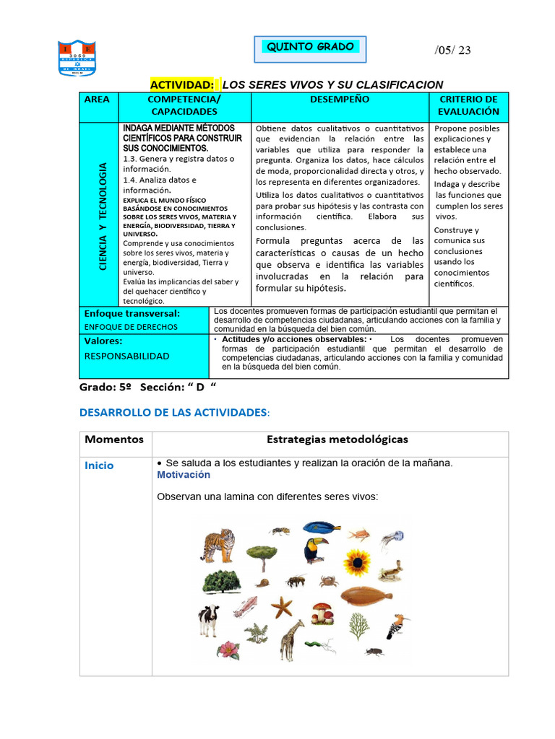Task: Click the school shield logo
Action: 76,58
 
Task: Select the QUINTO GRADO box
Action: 310,48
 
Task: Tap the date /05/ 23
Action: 452,50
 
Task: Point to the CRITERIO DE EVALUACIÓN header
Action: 468,105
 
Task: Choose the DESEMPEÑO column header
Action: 340,100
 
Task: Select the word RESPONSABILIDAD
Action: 127,356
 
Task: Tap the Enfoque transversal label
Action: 132,314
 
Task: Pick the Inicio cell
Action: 99,465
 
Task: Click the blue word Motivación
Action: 184,475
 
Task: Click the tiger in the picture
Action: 218,545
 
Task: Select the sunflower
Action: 356,562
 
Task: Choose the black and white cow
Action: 209,619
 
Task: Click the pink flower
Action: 228,649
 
